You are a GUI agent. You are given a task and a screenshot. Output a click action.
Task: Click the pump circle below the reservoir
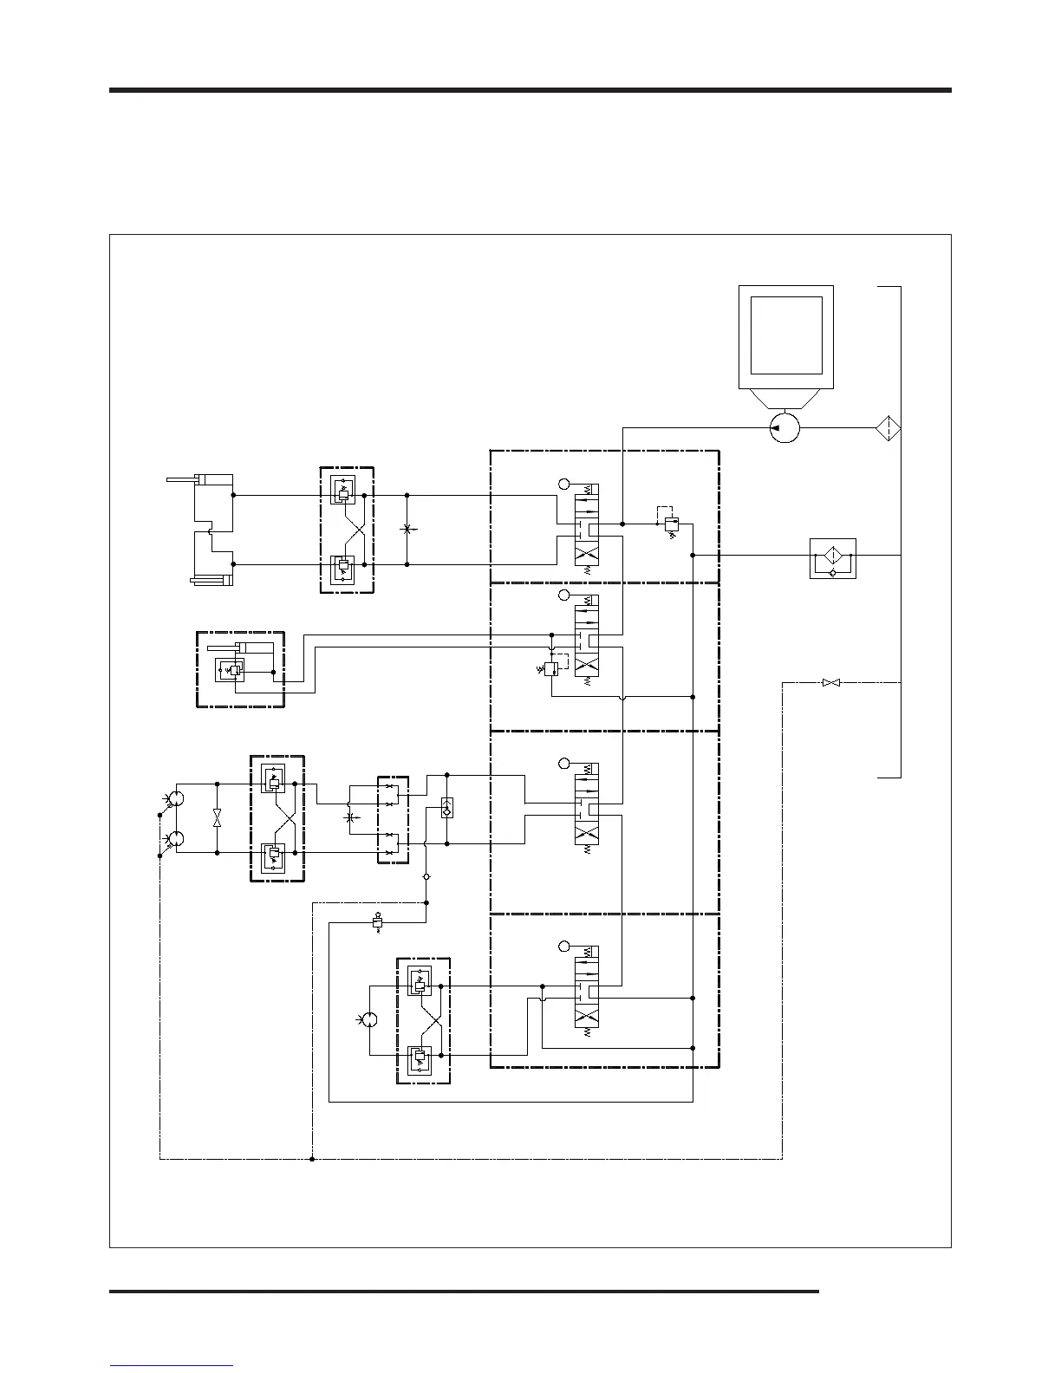tap(784, 427)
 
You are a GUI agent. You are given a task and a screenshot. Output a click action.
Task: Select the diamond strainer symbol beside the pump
tap(888, 428)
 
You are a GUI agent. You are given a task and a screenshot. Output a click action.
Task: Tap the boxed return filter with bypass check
tap(832, 558)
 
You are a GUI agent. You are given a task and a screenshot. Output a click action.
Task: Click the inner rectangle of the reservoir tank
tap(786, 335)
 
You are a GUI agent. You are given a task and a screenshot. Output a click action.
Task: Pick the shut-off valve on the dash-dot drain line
tap(831, 683)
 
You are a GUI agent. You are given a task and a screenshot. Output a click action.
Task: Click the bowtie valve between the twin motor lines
tap(217, 818)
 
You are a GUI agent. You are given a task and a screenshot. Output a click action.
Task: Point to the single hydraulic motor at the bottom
tap(369, 1020)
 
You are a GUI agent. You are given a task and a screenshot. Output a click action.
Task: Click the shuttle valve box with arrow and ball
tap(447, 808)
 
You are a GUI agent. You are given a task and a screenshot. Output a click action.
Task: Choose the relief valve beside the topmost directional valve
tap(671, 524)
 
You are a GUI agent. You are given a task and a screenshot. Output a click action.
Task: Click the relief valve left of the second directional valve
tap(550, 669)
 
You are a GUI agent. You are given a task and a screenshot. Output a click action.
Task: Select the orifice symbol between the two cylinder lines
tap(407, 529)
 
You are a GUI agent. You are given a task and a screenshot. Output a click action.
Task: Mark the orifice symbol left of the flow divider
tap(349, 817)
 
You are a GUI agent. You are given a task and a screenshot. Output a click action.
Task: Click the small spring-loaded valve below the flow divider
tap(377, 922)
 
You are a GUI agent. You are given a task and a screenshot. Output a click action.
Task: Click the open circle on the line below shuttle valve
tap(426, 876)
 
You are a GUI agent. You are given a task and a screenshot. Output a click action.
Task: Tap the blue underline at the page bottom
tap(172, 1366)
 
